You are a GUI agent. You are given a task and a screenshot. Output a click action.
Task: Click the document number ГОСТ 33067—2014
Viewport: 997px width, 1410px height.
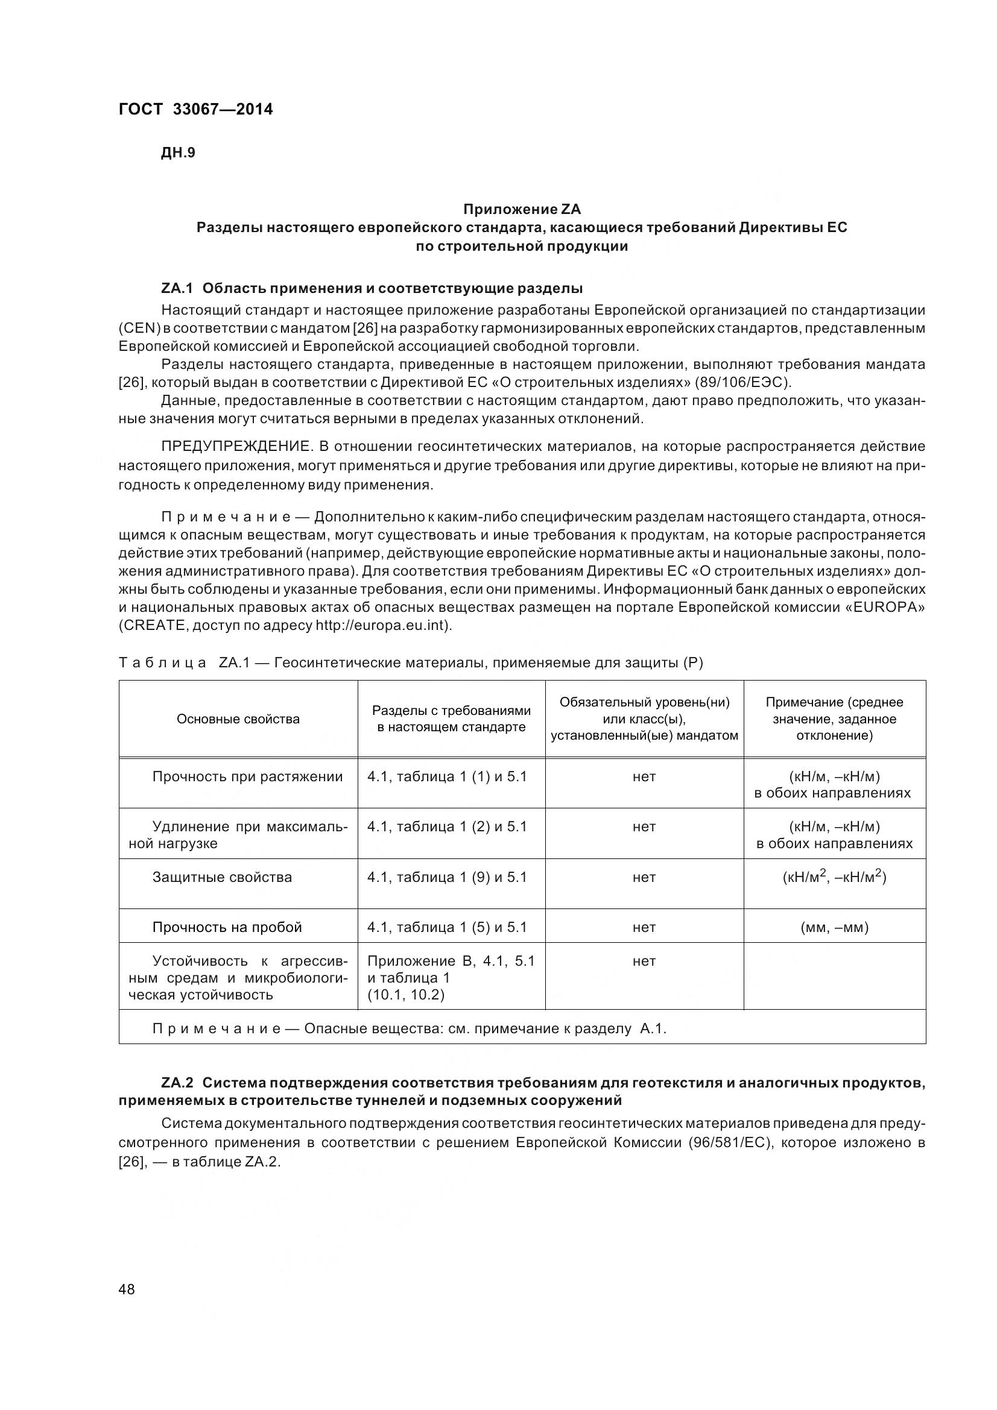(x=195, y=109)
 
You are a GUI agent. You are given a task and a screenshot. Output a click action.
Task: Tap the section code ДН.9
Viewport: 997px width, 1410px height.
(x=177, y=153)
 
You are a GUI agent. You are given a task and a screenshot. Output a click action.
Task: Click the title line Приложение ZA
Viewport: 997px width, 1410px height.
(x=522, y=209)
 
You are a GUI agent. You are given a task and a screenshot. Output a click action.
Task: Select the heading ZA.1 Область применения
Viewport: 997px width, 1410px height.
(x=372, y=288)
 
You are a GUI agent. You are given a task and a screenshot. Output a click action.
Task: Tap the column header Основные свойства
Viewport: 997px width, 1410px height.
(x=238, y=719)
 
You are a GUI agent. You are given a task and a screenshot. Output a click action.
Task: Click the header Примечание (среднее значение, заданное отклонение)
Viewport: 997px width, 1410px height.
(x=834, y=719)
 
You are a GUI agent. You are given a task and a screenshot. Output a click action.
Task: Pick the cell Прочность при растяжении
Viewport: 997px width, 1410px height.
(x=247, y=777)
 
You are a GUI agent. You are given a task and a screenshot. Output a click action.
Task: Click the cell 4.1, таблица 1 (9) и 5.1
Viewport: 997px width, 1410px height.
(x=446, y=877)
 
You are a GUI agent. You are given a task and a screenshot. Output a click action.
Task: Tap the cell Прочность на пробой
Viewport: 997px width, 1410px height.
(x=227, y=927)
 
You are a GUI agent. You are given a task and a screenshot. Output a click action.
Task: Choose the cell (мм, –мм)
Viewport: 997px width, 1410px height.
(x=834, y=927)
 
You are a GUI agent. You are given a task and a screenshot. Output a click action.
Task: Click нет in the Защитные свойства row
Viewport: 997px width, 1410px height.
(x=644, y=877)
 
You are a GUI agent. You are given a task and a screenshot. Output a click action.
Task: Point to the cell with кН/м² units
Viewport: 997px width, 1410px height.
(x=834, y=877)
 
